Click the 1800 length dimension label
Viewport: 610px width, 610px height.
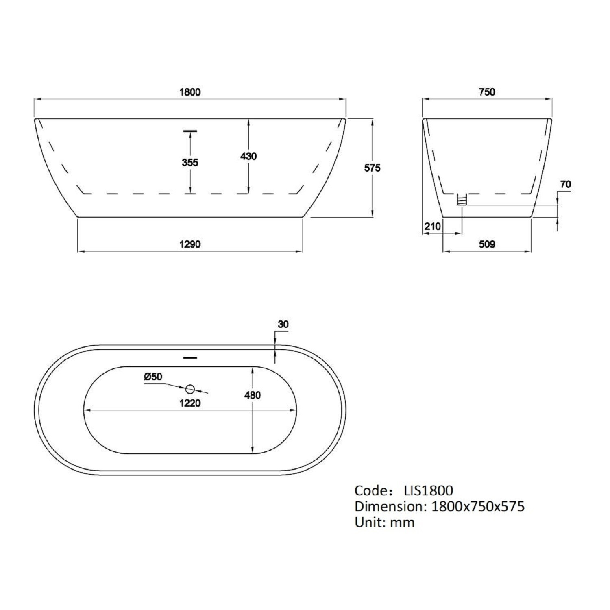[x=190, y=92]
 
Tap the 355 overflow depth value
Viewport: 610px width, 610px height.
[x=190, y=163]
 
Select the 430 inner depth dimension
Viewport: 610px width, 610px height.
[x=248, y=156]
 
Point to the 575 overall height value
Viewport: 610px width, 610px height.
[x=372, y=168]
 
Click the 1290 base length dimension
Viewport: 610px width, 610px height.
[x=190, y=244]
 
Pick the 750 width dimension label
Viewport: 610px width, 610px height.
[x=487, y=92]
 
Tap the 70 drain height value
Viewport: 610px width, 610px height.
[x=565, y=184]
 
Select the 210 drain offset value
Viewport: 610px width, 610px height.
[x=432, y=226]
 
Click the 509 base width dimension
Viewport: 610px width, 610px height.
[x=487, y=244]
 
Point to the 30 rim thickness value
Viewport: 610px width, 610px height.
[x=283, y=324]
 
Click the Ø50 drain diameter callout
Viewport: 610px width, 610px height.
[x=153, y=377]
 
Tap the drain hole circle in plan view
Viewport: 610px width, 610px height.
[x=190, y=389]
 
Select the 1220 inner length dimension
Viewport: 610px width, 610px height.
[x=190, y=403]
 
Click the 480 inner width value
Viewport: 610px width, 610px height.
[x=253, y=395]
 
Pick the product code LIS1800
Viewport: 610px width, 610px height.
[x=428, y=490]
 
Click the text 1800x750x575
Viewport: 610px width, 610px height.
[x=477, y=506]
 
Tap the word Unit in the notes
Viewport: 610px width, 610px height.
[x=369, y=522]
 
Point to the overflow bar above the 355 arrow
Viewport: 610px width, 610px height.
[x=190, y=131]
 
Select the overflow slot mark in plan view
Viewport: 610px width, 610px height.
[x=190, y=358]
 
